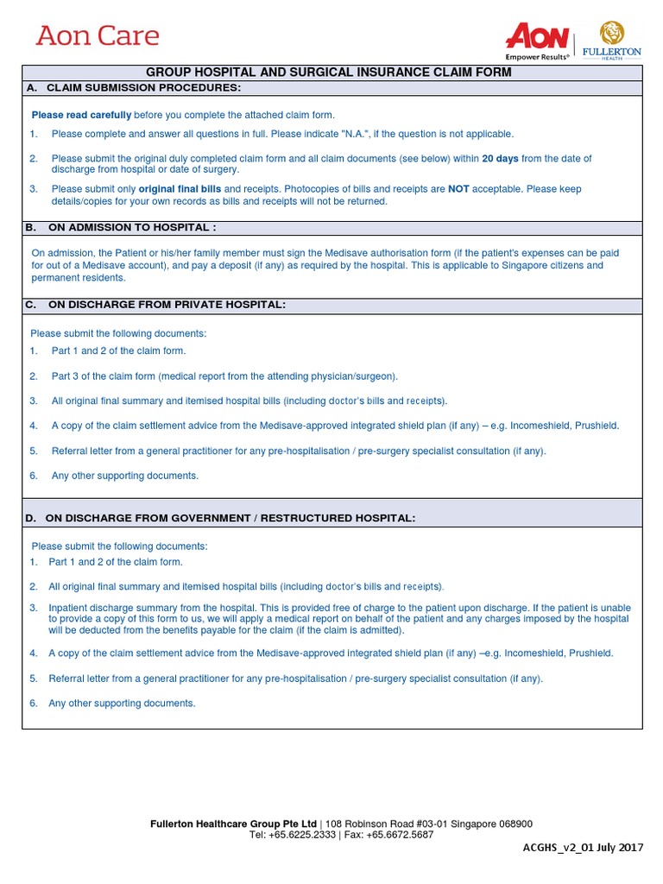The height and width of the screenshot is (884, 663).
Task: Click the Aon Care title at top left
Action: [98, 36]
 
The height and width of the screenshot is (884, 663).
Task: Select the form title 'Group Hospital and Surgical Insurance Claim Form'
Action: [329, 73]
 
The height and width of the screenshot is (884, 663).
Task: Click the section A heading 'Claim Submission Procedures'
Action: [143, 88]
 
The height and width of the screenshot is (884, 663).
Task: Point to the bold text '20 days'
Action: [500, 159]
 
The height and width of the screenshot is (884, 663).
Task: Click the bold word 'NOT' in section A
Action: [458, 189]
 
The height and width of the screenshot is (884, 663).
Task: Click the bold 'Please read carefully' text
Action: [81, 115]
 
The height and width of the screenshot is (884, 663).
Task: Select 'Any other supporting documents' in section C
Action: [125, 476]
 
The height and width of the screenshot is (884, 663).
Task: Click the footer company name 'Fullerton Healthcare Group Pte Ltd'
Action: [233, 824]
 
